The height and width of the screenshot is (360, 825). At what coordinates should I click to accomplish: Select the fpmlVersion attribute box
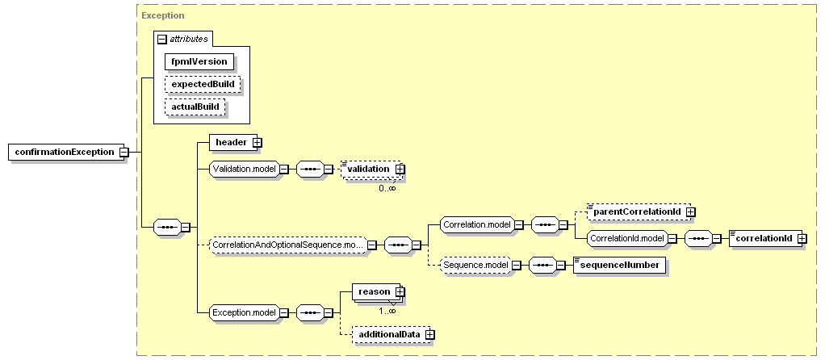[199, 61]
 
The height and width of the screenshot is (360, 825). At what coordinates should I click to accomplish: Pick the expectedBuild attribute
[203, 84]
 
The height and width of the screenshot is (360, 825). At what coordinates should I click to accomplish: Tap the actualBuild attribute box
[195, 107]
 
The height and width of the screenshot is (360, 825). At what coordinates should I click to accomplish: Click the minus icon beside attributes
[162, 39]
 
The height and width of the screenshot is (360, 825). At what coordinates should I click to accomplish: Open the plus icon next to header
[258, 142]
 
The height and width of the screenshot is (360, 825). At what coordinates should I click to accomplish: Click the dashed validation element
[371, 170]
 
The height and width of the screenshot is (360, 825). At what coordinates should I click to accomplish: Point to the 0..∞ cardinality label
[387, 187]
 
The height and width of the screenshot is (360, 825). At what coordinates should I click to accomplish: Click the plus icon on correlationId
[802, 239]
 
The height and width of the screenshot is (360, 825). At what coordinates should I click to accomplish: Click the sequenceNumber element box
[618, 266]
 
